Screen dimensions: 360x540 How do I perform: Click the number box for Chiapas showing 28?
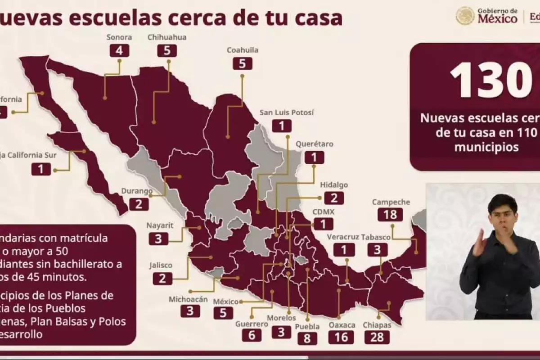pos(377,337)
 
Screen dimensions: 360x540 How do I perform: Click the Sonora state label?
pos(119,37)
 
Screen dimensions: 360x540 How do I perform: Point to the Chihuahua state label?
pos(167,37)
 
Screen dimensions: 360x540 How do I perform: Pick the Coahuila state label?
pos(243,50)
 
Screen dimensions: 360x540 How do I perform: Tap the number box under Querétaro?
pos(315,157)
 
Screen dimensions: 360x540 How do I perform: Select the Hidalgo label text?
pos(334,185)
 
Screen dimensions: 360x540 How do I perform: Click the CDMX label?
pos(324,211)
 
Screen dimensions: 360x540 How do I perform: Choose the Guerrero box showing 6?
pos(251,335)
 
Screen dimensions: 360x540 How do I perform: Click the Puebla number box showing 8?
pos(307,338)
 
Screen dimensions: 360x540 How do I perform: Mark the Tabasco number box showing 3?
pos(377,249)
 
